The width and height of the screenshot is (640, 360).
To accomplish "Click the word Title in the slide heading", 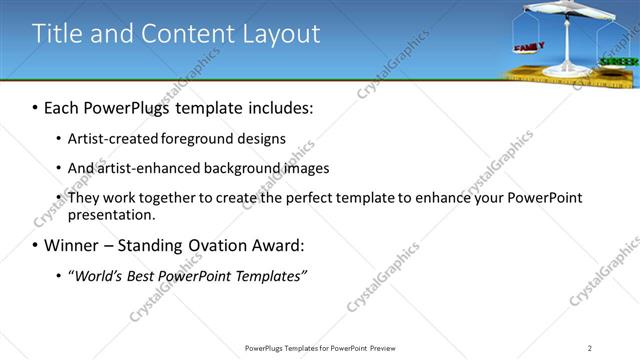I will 55,33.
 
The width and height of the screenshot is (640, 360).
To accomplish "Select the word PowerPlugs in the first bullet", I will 132,107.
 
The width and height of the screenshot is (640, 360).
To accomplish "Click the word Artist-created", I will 111,138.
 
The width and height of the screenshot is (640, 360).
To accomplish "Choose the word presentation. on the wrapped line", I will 112,214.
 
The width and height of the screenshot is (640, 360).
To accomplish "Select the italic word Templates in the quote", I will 269,275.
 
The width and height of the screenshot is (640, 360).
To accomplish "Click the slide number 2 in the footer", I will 590,348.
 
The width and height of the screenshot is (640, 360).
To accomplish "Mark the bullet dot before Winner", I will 35,246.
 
